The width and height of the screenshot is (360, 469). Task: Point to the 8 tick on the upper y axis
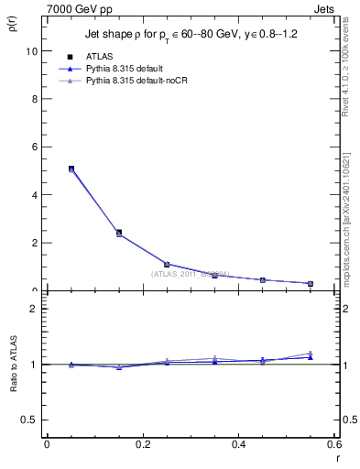pyautogui.click(x=35, y=99)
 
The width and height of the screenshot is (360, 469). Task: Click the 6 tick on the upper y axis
pyautogui.click(x=35, y=147)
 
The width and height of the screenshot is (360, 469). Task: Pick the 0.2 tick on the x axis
pyautogui.click(x=143, y=444)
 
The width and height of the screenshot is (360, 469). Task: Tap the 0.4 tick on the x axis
pyautogui.click(x=239, y=444)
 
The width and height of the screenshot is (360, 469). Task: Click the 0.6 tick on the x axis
pyautogui.click(x=335, y=444)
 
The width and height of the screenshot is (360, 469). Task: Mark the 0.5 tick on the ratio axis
pyautogui.click(x=31, y=420)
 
